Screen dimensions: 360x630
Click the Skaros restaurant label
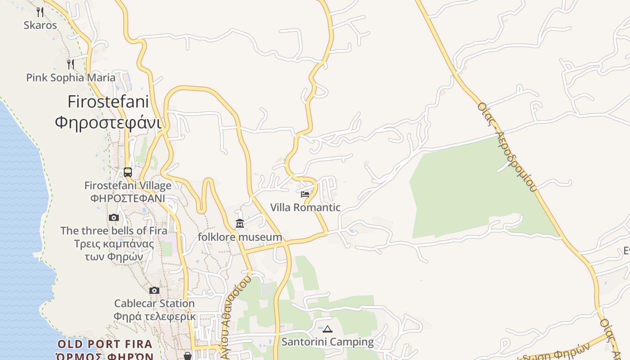[40, 25]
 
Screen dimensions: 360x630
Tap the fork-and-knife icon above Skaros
[40, 12]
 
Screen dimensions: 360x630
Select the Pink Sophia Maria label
[71, 77]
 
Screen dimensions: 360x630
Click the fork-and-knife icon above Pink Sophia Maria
[70, 64]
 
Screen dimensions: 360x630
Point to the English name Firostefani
[108, 101]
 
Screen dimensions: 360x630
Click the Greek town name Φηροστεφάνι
[108, 122]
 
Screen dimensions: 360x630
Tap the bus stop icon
[128, 172]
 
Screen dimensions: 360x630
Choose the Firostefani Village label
[128, 185]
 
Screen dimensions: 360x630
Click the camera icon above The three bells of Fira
[114, 218]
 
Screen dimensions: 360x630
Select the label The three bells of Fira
[114, 231]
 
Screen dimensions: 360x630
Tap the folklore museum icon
[240, 223]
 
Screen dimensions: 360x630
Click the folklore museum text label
[240, 237]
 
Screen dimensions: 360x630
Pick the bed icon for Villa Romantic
[305, 194]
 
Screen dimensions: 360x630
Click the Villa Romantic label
[305, 207]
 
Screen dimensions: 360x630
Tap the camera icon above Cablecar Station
[154, 290]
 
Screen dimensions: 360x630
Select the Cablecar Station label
[154, 303]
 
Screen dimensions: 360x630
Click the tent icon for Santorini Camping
[328, 329]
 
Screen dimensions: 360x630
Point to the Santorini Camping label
[328, 342]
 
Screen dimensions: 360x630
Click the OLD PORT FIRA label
[105, 345]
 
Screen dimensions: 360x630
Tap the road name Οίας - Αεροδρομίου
[508, 148]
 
